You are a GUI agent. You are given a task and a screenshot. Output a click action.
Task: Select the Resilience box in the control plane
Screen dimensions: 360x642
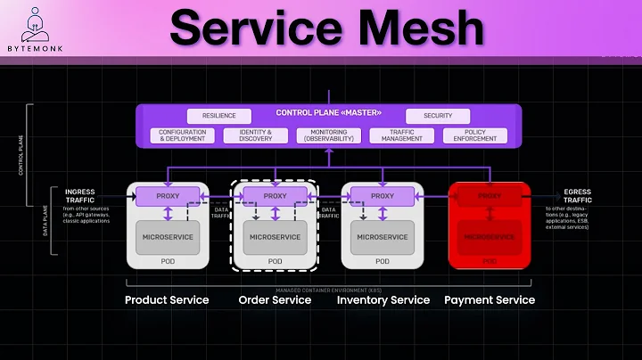(x=219, y=116)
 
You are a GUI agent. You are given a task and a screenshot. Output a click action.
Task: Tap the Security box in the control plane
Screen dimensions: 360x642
(x=438, y=116)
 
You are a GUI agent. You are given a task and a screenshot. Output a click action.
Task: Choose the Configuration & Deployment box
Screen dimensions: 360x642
(x=182, y=135)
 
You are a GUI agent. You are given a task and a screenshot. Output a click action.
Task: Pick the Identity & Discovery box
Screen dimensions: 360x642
(x=255, y=135)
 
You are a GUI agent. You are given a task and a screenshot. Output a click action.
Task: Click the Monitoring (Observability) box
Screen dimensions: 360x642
(x=328, y=135)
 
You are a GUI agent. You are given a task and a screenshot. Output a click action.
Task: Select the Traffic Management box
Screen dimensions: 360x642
(x=402, y=135)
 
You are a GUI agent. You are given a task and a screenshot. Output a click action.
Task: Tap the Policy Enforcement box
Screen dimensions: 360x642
(x=475, y=135)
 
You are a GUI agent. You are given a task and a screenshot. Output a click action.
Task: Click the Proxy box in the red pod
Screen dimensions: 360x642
(x=490, y=195)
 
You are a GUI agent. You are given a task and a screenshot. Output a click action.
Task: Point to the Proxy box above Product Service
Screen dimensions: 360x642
(x=169, y=195)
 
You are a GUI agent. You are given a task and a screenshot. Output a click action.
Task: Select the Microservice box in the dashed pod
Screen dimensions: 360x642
(x=275, y=237)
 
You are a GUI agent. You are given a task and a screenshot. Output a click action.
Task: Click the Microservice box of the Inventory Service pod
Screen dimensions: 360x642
(x=383, y=237)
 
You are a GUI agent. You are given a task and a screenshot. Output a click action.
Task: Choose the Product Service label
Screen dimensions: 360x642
(x=167, y=300)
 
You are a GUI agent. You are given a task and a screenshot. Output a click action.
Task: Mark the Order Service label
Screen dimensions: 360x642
(x=275, y=300)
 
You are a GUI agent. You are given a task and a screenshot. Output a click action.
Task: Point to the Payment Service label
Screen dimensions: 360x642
(x=490, y=300)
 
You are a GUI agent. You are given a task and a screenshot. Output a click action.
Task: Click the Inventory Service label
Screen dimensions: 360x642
(x=383, y=300)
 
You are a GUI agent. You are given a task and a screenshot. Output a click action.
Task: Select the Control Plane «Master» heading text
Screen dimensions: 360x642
(x=328, y=112)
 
